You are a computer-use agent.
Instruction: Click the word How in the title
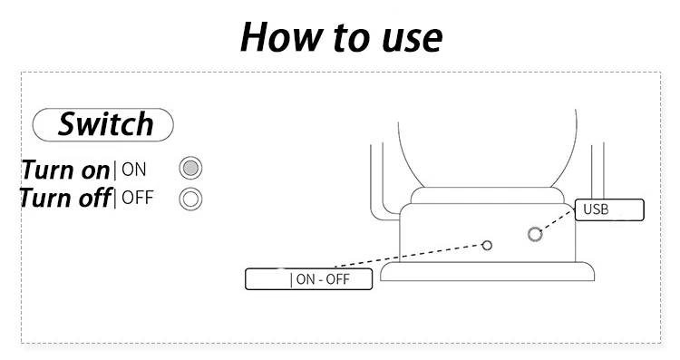pos(282,37)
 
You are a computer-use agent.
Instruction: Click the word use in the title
pos(412,40)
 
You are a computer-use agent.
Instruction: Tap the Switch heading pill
pos(103,125)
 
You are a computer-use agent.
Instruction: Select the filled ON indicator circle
pos(190,168)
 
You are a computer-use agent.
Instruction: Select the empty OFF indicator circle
pos(190,199)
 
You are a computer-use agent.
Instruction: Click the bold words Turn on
pos(66,170)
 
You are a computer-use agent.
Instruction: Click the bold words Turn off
pos(65,199)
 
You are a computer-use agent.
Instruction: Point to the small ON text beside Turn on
pos(133,170)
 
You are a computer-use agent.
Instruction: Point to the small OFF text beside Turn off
pos(138,198)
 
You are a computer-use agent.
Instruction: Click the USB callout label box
pos(609,210)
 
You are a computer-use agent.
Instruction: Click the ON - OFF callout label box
pos(309,279)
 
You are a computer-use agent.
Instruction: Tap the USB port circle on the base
pos(535,234)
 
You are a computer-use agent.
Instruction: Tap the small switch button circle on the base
pos(487,246)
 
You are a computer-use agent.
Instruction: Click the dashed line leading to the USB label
pos(559,219)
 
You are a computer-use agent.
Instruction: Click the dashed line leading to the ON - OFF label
pos(409,256)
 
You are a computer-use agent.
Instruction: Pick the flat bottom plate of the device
pos(488,271)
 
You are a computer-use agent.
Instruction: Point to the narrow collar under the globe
pos(488,196)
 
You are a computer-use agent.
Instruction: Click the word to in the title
pos(353,38)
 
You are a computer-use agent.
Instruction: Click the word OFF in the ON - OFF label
pos(337,279)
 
